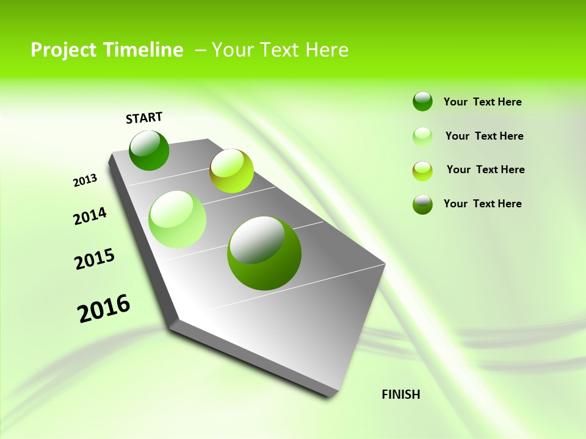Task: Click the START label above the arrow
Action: [x=144, y=118]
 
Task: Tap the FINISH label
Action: [x=400, y=394]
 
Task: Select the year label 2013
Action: [x=85, y=180]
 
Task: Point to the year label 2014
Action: [x=90, y=216]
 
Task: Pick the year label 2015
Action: [x=95, y=259]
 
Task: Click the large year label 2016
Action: [x=104, y=309]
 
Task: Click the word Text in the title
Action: [x=279, y=50]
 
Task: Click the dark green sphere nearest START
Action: [x=149, y=150]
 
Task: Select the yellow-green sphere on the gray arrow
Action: [x=231, y=171]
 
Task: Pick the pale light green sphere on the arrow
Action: [x=177, y=219]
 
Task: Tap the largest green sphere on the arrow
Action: [x=264, y=253]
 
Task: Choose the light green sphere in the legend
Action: [x=422, y=136]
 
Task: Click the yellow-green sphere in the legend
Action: [x=422, y=170]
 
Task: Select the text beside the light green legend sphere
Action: [x=484, y=136]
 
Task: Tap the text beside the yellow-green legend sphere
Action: [x=485, y=170]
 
